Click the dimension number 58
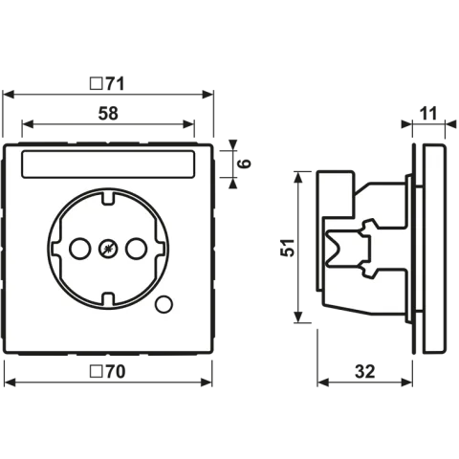108,114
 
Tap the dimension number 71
116,84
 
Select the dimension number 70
116,372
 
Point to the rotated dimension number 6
245,164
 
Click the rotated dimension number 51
287,248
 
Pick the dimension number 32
365,371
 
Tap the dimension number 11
428,114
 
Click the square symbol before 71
97,84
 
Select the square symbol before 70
96,372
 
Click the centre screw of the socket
108,249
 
